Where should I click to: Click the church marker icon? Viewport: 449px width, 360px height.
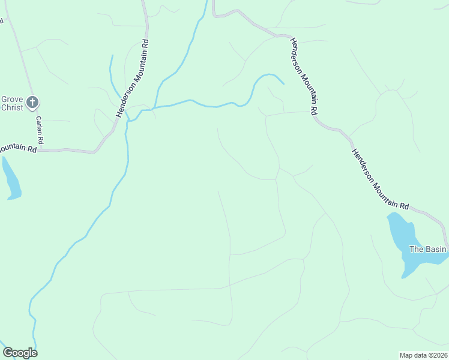[x=32, y=101]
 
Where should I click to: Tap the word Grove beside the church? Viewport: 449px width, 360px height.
[x=11, y=99]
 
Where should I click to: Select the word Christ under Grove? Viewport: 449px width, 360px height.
[x=11, y=108]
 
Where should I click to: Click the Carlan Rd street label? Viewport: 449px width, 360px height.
[x=40, y=130]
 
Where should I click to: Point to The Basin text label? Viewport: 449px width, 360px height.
[x=428, y=249]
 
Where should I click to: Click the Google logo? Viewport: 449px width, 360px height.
[x=20, y=353]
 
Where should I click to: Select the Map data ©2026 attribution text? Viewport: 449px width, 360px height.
[x=424, y=355]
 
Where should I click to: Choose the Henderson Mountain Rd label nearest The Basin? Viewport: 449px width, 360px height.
[x=379, y=178]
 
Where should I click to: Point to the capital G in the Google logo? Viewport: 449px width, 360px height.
[x=8, y=353]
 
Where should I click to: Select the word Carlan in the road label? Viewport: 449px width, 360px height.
[x=39, y=125]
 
